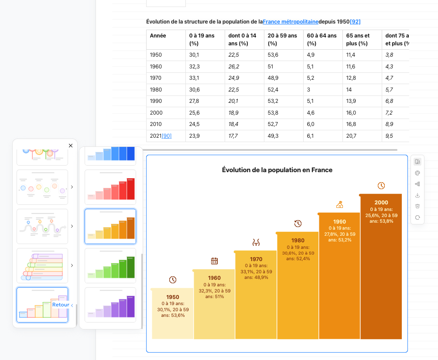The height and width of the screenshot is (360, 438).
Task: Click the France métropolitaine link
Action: click(x=290, y=22)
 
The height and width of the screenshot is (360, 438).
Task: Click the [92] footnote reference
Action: click(x=355, y=22)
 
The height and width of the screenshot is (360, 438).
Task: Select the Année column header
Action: click(x=158, y=36)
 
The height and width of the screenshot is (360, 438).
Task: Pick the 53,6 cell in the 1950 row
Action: click(x=273, y=55)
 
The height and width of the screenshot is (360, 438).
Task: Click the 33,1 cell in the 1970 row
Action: click(x=194, y=78)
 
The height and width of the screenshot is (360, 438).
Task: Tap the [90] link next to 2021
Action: click(x=167, y=136)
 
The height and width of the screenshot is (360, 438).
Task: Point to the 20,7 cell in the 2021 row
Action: click(x=351, y=136)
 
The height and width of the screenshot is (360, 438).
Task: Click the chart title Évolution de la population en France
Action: click(x=277, y=170)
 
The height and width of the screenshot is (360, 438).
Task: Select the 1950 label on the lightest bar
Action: click(x=173, y=297)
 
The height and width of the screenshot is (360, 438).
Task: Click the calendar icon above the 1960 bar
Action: click(x=214, y=261)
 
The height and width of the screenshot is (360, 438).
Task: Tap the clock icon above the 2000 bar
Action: click(x=381, y=186)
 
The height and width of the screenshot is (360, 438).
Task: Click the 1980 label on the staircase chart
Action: click(x=298, y=241)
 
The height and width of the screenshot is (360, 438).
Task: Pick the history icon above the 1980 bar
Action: click(x=298, y=224)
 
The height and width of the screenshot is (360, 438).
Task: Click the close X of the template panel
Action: click(x=71, y=146)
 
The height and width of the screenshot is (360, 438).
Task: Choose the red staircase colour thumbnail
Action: click(x=110, y=187)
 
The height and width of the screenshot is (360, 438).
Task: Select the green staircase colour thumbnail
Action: click(x=110, y=266)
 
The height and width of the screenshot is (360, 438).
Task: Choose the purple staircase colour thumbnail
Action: click(x=110, y=305)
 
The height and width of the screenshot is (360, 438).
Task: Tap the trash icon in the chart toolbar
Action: click(x=417, y=206)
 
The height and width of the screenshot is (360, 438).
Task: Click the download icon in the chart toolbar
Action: click(x=417, y=195)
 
